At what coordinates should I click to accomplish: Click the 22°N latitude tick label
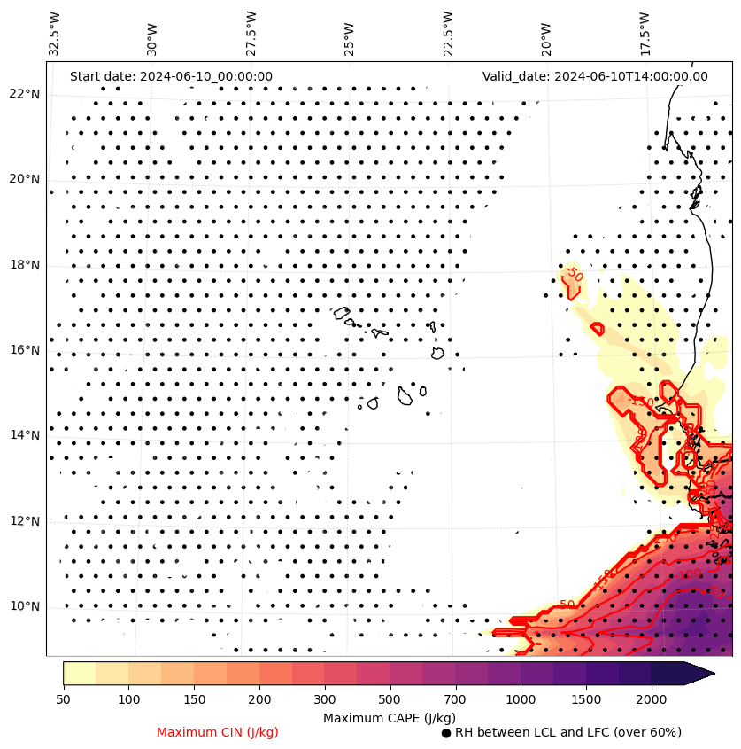point(25,94)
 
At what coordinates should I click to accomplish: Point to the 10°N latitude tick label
point(25,607)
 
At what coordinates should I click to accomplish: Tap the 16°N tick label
point(25,350)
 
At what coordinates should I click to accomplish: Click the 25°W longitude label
point(350,35)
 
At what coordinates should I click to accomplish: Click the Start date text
point(171,76)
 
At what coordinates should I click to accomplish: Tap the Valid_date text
point(595,76)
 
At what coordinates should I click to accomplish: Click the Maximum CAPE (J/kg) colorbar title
point(390,717)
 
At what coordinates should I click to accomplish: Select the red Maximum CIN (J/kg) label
point(218,732)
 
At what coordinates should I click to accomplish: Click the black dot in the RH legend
point(446,733)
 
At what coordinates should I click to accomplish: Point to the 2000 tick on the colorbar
point(652,700)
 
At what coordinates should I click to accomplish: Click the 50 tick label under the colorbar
point(63,700)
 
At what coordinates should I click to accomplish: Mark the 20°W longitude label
point(546,35)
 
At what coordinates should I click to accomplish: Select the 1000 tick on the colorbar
point(521,700)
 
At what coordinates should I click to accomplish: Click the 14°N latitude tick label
point(25,435)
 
